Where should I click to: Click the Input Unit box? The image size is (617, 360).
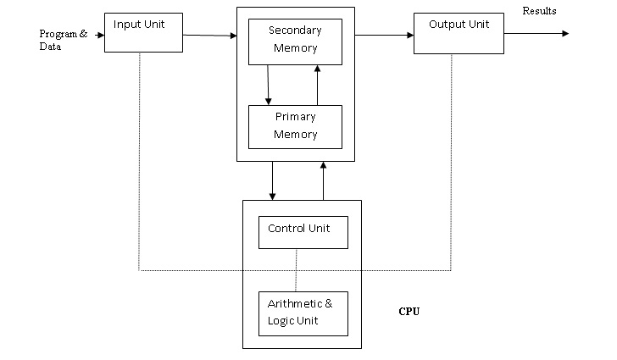(143, 32)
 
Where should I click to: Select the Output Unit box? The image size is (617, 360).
(453, 33)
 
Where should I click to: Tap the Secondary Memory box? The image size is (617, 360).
(295, 42)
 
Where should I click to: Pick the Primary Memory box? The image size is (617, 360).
(295, 126)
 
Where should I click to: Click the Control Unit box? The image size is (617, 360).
(303, 231)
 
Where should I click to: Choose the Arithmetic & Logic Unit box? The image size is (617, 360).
(303, 313)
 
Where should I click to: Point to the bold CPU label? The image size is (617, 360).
(409, 311)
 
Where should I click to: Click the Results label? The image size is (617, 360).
(539, 11)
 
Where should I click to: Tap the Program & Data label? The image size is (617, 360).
(63, 41)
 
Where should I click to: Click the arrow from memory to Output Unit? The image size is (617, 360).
(383, 36)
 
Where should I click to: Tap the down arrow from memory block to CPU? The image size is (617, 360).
(273, 180)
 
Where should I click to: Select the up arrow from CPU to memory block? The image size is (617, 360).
(323, 180)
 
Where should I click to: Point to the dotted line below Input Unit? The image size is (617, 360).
(139, 161)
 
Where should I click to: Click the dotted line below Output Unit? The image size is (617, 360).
(451, 161)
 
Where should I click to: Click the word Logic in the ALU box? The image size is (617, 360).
(281, 319)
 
